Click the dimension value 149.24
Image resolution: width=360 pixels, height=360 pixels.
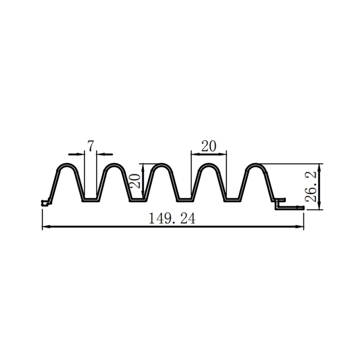172,218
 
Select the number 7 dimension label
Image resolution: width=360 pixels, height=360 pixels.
91,146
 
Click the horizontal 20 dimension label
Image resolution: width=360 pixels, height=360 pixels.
209,146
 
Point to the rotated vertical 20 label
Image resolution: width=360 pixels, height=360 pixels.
135,181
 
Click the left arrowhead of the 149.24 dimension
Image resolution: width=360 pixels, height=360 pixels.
47,227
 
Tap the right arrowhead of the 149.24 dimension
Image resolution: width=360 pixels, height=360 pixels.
300,227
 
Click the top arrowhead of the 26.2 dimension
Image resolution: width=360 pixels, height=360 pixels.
320,168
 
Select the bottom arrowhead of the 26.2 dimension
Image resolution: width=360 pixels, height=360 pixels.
320,205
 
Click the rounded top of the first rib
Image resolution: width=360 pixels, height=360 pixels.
67,164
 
